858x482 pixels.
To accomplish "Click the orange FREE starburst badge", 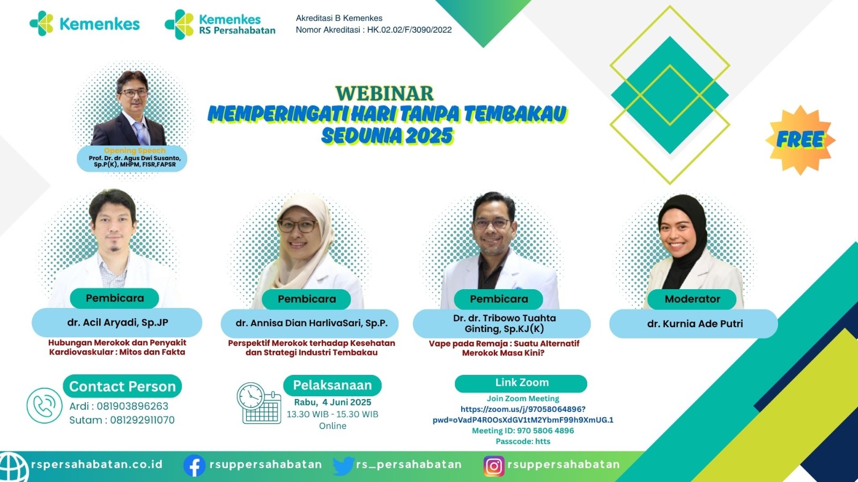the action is pyautogui.click(x=800, y=140).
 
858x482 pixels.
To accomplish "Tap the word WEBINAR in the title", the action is pyautogui.click(x=384, y=94).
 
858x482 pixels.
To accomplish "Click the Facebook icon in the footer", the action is pyautogui.click(x=195, y=465).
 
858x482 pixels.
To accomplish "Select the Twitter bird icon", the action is pyautogui.click(x=344, y=465).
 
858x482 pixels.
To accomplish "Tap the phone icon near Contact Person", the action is pyautogui.click(x=45, y=405).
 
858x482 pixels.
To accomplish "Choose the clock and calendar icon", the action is pyautogui.click(x=259, y=403).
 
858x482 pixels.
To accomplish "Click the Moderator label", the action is pyautogui.click(x=692, y=299).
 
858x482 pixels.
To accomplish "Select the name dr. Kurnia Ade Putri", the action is pyautogui.click(x=695, y=323).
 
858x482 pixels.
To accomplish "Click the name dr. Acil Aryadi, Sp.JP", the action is pyautogui.click(x=117, y=322).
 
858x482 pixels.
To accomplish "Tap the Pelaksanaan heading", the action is pyautogui.click(x=332, y=385).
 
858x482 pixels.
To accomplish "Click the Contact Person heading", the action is pyautogui.click(x=122, y=386).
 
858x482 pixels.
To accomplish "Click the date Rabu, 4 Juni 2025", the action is pyautogui.click(x=332, y=402).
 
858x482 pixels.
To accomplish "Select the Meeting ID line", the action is pyautogui.click(x=523, y=431).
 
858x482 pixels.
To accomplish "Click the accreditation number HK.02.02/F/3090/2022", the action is pyautogui.click(x=410, y=30).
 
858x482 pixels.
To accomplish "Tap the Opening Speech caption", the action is pyautogui.click(x=135, y=150).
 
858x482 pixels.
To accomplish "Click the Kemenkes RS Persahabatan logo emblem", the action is pyautogui.click(x=179, y=25).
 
